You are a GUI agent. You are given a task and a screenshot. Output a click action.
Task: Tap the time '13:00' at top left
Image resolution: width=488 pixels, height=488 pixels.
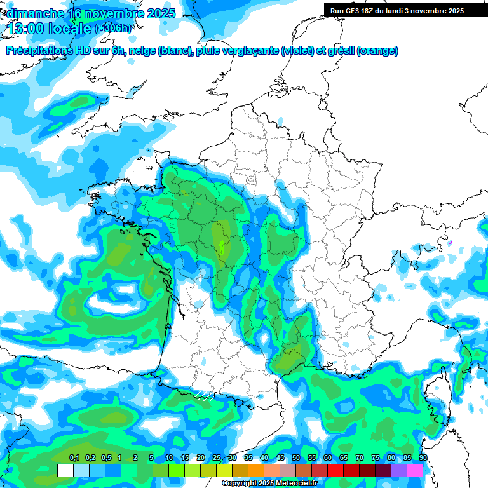(x=28, y=29)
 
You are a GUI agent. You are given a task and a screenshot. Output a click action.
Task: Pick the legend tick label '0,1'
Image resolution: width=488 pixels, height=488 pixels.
(x=74, y=458)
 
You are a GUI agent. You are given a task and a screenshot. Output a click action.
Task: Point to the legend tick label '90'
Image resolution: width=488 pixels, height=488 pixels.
(x=423, y=458)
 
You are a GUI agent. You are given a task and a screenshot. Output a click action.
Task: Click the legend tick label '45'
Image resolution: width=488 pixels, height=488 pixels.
(x=280, y=458)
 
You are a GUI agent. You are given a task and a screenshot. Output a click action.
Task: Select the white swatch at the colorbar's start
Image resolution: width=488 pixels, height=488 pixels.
(x=65, y=470)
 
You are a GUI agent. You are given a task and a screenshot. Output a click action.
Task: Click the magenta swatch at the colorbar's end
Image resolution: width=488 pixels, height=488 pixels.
(x=415, y=470)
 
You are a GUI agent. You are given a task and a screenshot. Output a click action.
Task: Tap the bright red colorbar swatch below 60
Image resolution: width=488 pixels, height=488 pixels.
(x=335, y=470)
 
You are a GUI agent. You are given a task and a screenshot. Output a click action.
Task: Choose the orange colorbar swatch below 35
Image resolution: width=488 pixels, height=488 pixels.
(x=256, y=470)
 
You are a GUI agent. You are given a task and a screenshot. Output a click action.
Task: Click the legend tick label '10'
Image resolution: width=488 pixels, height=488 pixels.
(x=169, y=458)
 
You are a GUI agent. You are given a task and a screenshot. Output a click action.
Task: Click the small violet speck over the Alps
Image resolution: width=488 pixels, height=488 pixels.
(x=450, y=243)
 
